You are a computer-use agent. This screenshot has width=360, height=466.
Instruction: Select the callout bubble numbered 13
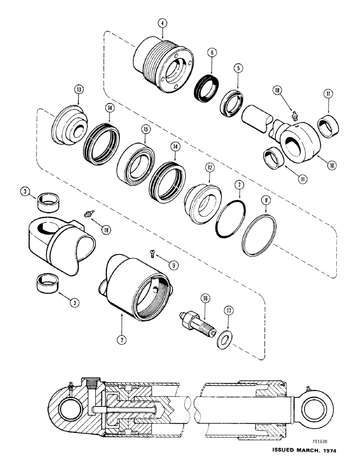coord(78,89)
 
